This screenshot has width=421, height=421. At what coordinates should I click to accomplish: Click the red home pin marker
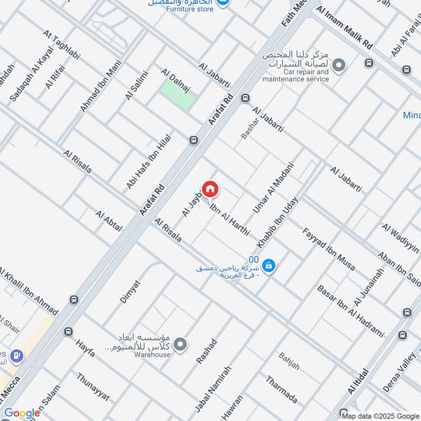(210, 189)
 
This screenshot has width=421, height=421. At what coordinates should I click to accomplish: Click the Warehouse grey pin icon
(181, 345)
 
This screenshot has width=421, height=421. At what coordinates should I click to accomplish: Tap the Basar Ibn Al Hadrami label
(350, 311)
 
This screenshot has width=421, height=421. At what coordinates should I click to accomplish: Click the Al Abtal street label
(109, 221)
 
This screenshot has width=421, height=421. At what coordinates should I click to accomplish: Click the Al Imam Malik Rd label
(347, 29)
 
